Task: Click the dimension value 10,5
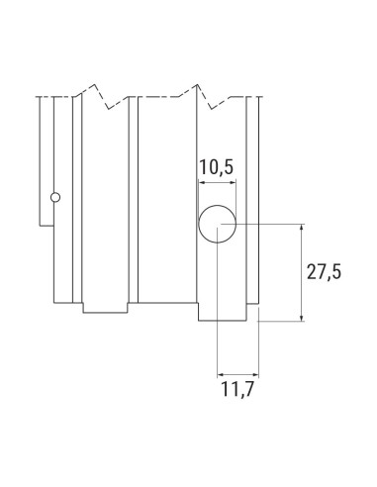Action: [x=216, y=168]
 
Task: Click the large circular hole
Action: [x=217, y=227]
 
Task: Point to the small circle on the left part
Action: [x=56, y=197]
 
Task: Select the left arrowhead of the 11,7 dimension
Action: [x=220, y=373]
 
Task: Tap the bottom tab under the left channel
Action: [x=105, y=307]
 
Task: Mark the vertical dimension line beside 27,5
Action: [x=301, y=272]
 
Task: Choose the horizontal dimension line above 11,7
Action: [x=236, y=373]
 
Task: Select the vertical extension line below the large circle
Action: [x=217, y=307]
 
